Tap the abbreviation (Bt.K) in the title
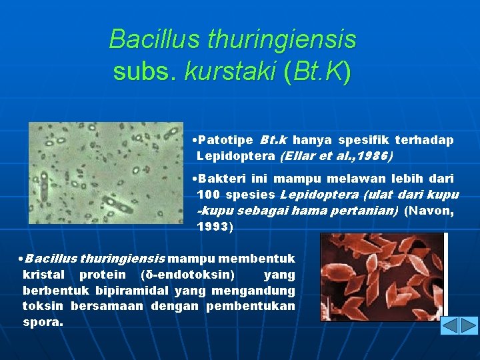click(x=317, y=71)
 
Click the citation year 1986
click(x=375, y=157)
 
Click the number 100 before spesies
click(x=209, y=195)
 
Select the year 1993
click(x=213, y=227)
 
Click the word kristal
click(x=44, y=275)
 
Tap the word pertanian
click(x=370, y=211)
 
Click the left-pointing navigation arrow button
click(x=451, y=325)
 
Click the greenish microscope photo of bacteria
click(x=105, y=173)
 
